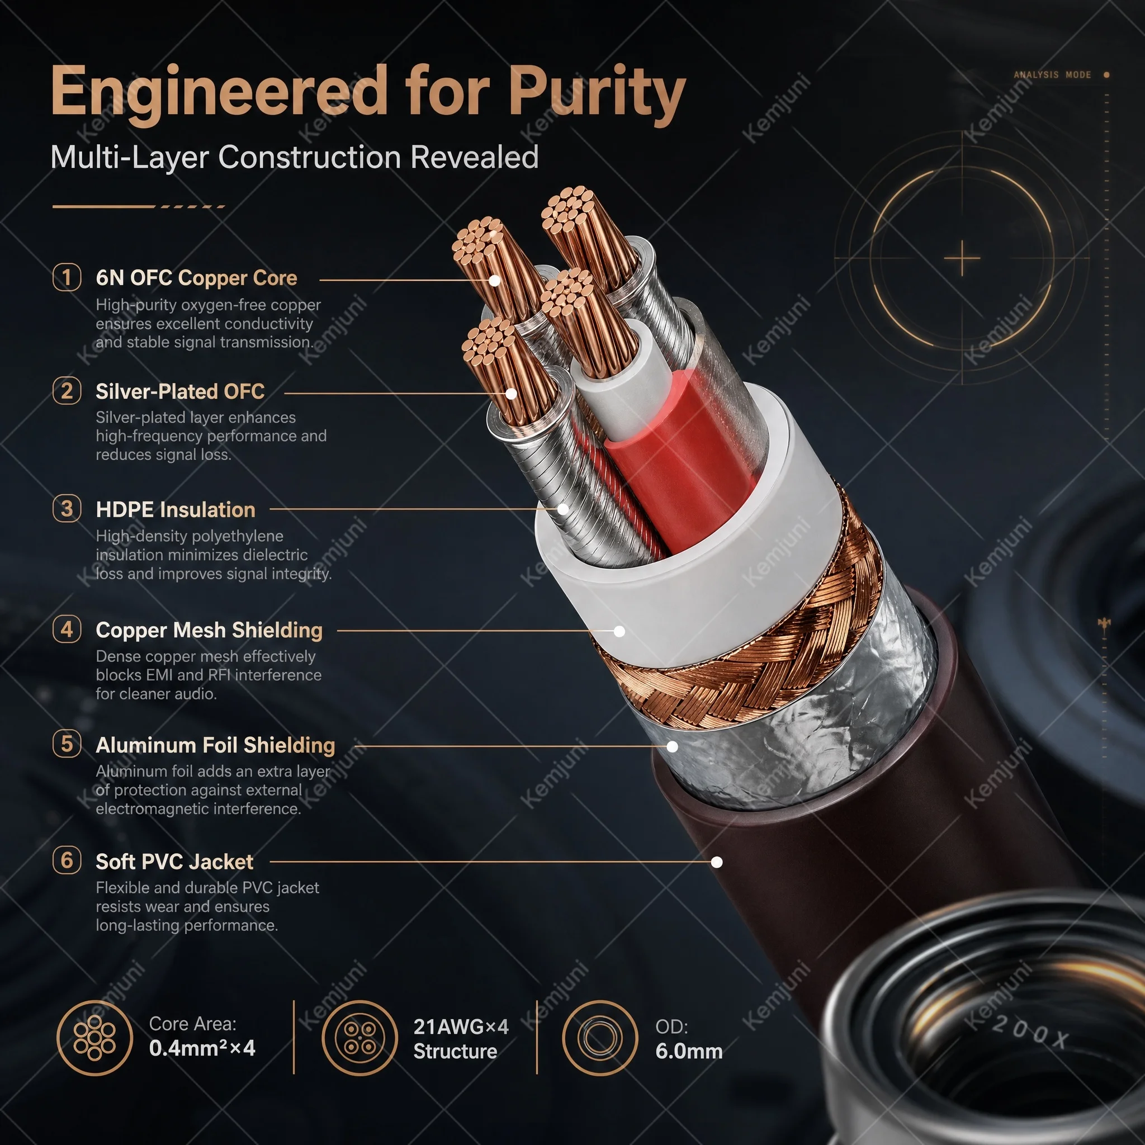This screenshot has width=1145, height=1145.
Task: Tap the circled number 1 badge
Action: pos(67,277)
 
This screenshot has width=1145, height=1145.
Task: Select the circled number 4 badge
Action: pos(67,630)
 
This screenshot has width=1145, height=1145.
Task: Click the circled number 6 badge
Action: pos(67,860)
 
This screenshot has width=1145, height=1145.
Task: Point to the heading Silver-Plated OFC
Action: pos(180,392)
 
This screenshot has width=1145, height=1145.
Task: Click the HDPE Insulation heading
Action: pos(176,510)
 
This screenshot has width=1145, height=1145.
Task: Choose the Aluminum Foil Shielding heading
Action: pos(215,745)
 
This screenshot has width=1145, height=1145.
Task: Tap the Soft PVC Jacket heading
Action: pos(174,861)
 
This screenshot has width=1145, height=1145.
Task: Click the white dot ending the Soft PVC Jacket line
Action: pos(717,862)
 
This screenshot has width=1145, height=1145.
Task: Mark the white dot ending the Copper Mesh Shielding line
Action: pos(619,631)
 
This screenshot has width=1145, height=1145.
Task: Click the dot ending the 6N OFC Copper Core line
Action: pos(494,280)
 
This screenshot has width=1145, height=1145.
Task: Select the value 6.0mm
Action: pos(689,1052)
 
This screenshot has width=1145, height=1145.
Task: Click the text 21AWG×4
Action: pos(461,1026)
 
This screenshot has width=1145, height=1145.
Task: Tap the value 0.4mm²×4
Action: pos(202,1048)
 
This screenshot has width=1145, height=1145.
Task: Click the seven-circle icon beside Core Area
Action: pos(95,1037)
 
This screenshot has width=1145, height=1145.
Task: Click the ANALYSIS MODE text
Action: pos(1053,75)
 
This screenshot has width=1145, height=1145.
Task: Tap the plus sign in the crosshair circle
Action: pos(962,259)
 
